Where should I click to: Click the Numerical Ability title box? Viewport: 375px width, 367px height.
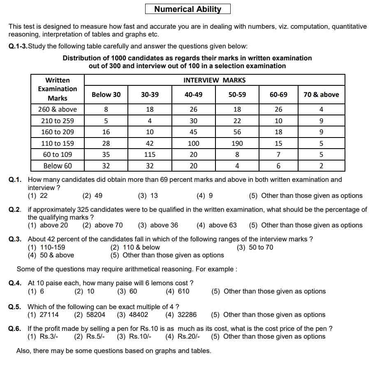click(x=187, y=9)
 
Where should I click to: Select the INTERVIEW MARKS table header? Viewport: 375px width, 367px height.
click(x=214, y=80)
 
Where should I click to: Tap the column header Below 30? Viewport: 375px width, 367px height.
click(x=106, y=94)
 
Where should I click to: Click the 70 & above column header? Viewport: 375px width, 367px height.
click(x=321, y=94)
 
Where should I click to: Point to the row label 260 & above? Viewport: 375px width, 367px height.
click(x=58, y=110)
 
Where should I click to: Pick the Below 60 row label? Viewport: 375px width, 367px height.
click(x=58, y=166)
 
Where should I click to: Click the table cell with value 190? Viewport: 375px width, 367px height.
click(x=237, y=143)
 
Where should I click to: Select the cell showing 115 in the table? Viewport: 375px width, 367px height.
click(x=150, y=155)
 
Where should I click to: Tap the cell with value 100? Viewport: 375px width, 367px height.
click(x=193, y=143)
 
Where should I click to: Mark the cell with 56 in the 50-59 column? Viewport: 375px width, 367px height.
click(x=237, y=132)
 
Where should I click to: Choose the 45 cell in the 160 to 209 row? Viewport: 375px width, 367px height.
click(x=193, y=132)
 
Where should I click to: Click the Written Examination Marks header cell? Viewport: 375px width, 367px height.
click(x=58, y=89)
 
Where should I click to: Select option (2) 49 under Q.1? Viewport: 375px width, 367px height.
click(x=93, y=196)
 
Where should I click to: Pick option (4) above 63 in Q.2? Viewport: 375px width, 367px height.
click(x=217, y=225)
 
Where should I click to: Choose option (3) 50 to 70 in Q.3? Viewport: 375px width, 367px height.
click(x=255, y=247)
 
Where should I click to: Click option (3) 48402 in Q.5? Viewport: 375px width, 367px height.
click(x=132, y=315)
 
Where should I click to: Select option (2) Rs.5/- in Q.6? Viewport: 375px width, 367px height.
click(x=90, y=337)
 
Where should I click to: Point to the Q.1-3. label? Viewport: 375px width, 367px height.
click(x=18, y=46)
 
